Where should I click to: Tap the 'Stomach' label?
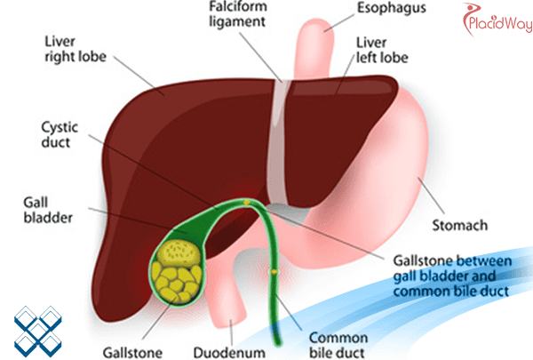pos(460,226)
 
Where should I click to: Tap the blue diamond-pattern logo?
pos(38,324)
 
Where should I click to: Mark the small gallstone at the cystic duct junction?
pos(246,204)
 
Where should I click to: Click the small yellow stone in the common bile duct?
pos(275,269)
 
